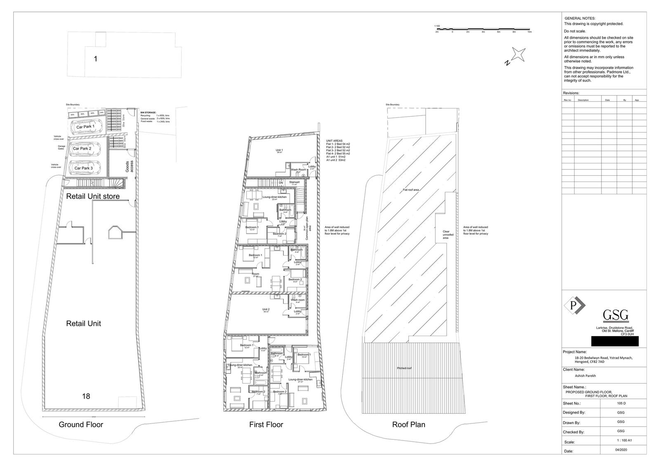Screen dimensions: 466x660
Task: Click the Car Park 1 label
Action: (x=85, y=127)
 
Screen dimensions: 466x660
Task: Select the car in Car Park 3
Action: (x=84, y=168)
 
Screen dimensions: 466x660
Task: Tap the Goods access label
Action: (x=127, y=166)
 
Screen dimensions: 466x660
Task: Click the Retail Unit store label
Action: (x=93, y=196)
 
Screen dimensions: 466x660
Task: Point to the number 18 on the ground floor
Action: (x=86, y=396)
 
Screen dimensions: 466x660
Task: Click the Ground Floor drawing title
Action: (x=81, y=424)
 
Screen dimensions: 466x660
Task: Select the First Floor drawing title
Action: (x=266, y=424)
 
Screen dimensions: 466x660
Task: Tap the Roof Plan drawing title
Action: (x=408, y=424)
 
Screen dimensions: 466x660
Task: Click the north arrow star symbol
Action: (x=518, y=54)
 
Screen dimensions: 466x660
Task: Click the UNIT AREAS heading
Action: (x=334, y=141)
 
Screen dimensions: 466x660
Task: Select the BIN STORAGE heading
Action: (x=148, y=112)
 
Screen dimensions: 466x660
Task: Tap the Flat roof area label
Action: (x=411, y=190)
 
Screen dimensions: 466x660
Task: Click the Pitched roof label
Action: (x=404, y=368)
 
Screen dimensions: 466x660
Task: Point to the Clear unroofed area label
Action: (x=446, y=235)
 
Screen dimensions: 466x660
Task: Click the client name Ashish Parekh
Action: (x=585, y=376)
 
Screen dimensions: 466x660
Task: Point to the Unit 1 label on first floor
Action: (x=279, y=150)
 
